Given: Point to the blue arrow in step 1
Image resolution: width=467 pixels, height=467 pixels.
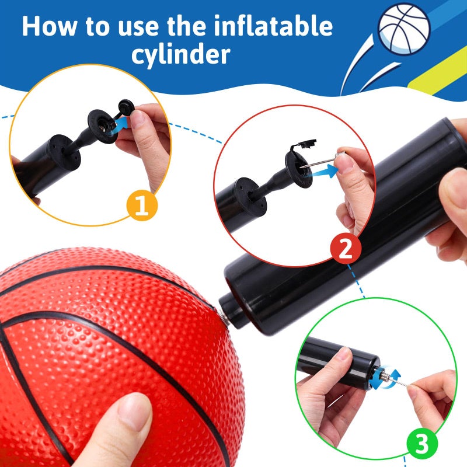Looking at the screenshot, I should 120,123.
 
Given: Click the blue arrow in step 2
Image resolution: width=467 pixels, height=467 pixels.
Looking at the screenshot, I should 327,170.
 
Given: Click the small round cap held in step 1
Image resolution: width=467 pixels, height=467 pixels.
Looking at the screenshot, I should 126,106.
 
